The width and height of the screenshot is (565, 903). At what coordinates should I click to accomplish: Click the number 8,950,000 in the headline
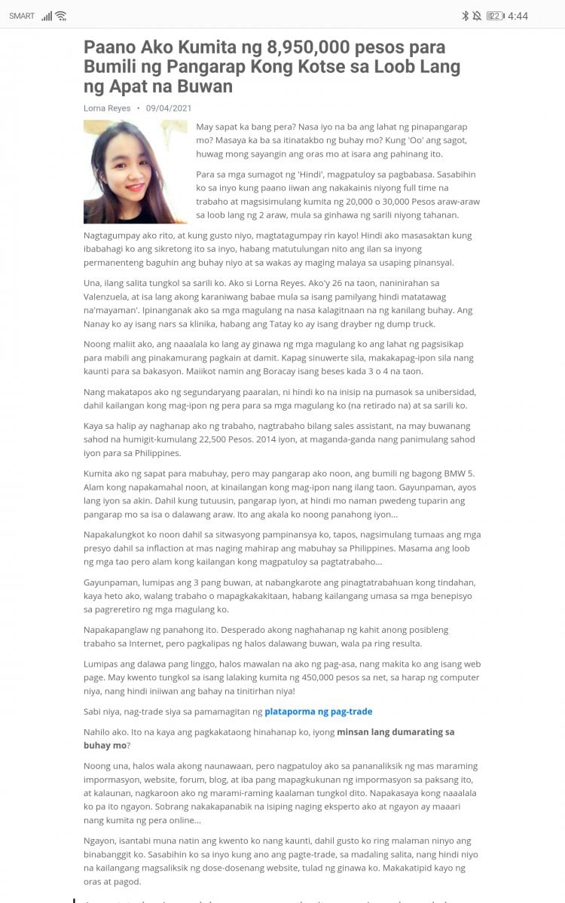(x=309, y=47)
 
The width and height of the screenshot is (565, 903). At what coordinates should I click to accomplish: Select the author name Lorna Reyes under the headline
(x=107, y=108)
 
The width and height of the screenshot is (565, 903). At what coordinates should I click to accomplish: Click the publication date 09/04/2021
(x=169, y=108)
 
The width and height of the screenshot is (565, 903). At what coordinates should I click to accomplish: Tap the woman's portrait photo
(x=136, y=172)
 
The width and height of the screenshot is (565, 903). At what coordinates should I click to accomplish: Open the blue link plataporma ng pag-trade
(x=319, y=711)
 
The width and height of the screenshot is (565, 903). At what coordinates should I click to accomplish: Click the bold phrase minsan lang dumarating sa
(x=395, y=731)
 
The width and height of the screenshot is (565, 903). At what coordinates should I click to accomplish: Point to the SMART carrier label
(x=22, y=16)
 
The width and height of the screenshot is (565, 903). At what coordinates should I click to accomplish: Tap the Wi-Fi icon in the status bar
(x=61, y=16)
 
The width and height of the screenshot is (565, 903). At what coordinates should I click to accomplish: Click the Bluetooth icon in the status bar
(x=465, y=16)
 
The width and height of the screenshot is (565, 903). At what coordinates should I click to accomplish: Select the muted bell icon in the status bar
(x=477, y=16)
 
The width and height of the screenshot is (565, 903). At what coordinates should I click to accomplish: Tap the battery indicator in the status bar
(x=495, y=16)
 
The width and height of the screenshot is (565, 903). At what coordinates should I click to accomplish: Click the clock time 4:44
(x=518, y=16)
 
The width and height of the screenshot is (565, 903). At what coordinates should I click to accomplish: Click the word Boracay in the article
(x=221, y=371)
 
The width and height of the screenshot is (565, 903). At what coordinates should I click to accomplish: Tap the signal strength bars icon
(x=47, y=16)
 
